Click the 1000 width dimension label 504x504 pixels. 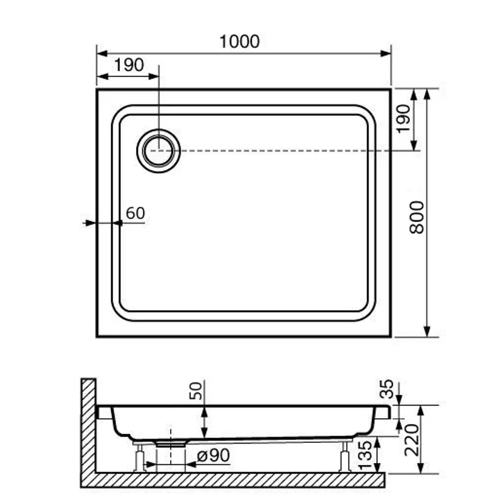(x=240, y=42)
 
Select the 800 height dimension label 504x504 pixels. (x=417, y=217)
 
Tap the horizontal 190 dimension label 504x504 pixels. (x=129, y=65)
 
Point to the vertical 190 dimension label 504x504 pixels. (x=404, y=118)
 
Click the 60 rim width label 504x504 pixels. (x=135, y=213)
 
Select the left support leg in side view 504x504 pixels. (x=139, y=457)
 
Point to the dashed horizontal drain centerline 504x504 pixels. (x=283, y=151)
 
